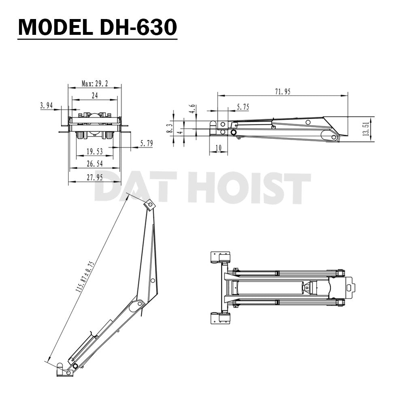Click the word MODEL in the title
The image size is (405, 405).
[x=51, y=27]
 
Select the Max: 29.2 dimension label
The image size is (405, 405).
[x=94, y=83]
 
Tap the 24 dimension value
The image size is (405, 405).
[x=94, y=96]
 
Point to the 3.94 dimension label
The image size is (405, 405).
[x=47, y=106]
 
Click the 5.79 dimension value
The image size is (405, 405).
[x=146, y=143]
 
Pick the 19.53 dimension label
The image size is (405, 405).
[x=94, y=152]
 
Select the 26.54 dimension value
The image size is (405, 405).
[x=94, y=164]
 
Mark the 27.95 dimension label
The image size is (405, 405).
[x=94, y=177]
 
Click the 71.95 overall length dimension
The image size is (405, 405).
[x=283, y=92]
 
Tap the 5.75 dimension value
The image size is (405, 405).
[x=243, y=107]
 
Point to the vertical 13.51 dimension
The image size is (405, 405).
[x=367, y=130]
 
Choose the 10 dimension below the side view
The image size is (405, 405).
[x=219, y=148]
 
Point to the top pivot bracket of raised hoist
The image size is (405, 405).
[x=150, y=205]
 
